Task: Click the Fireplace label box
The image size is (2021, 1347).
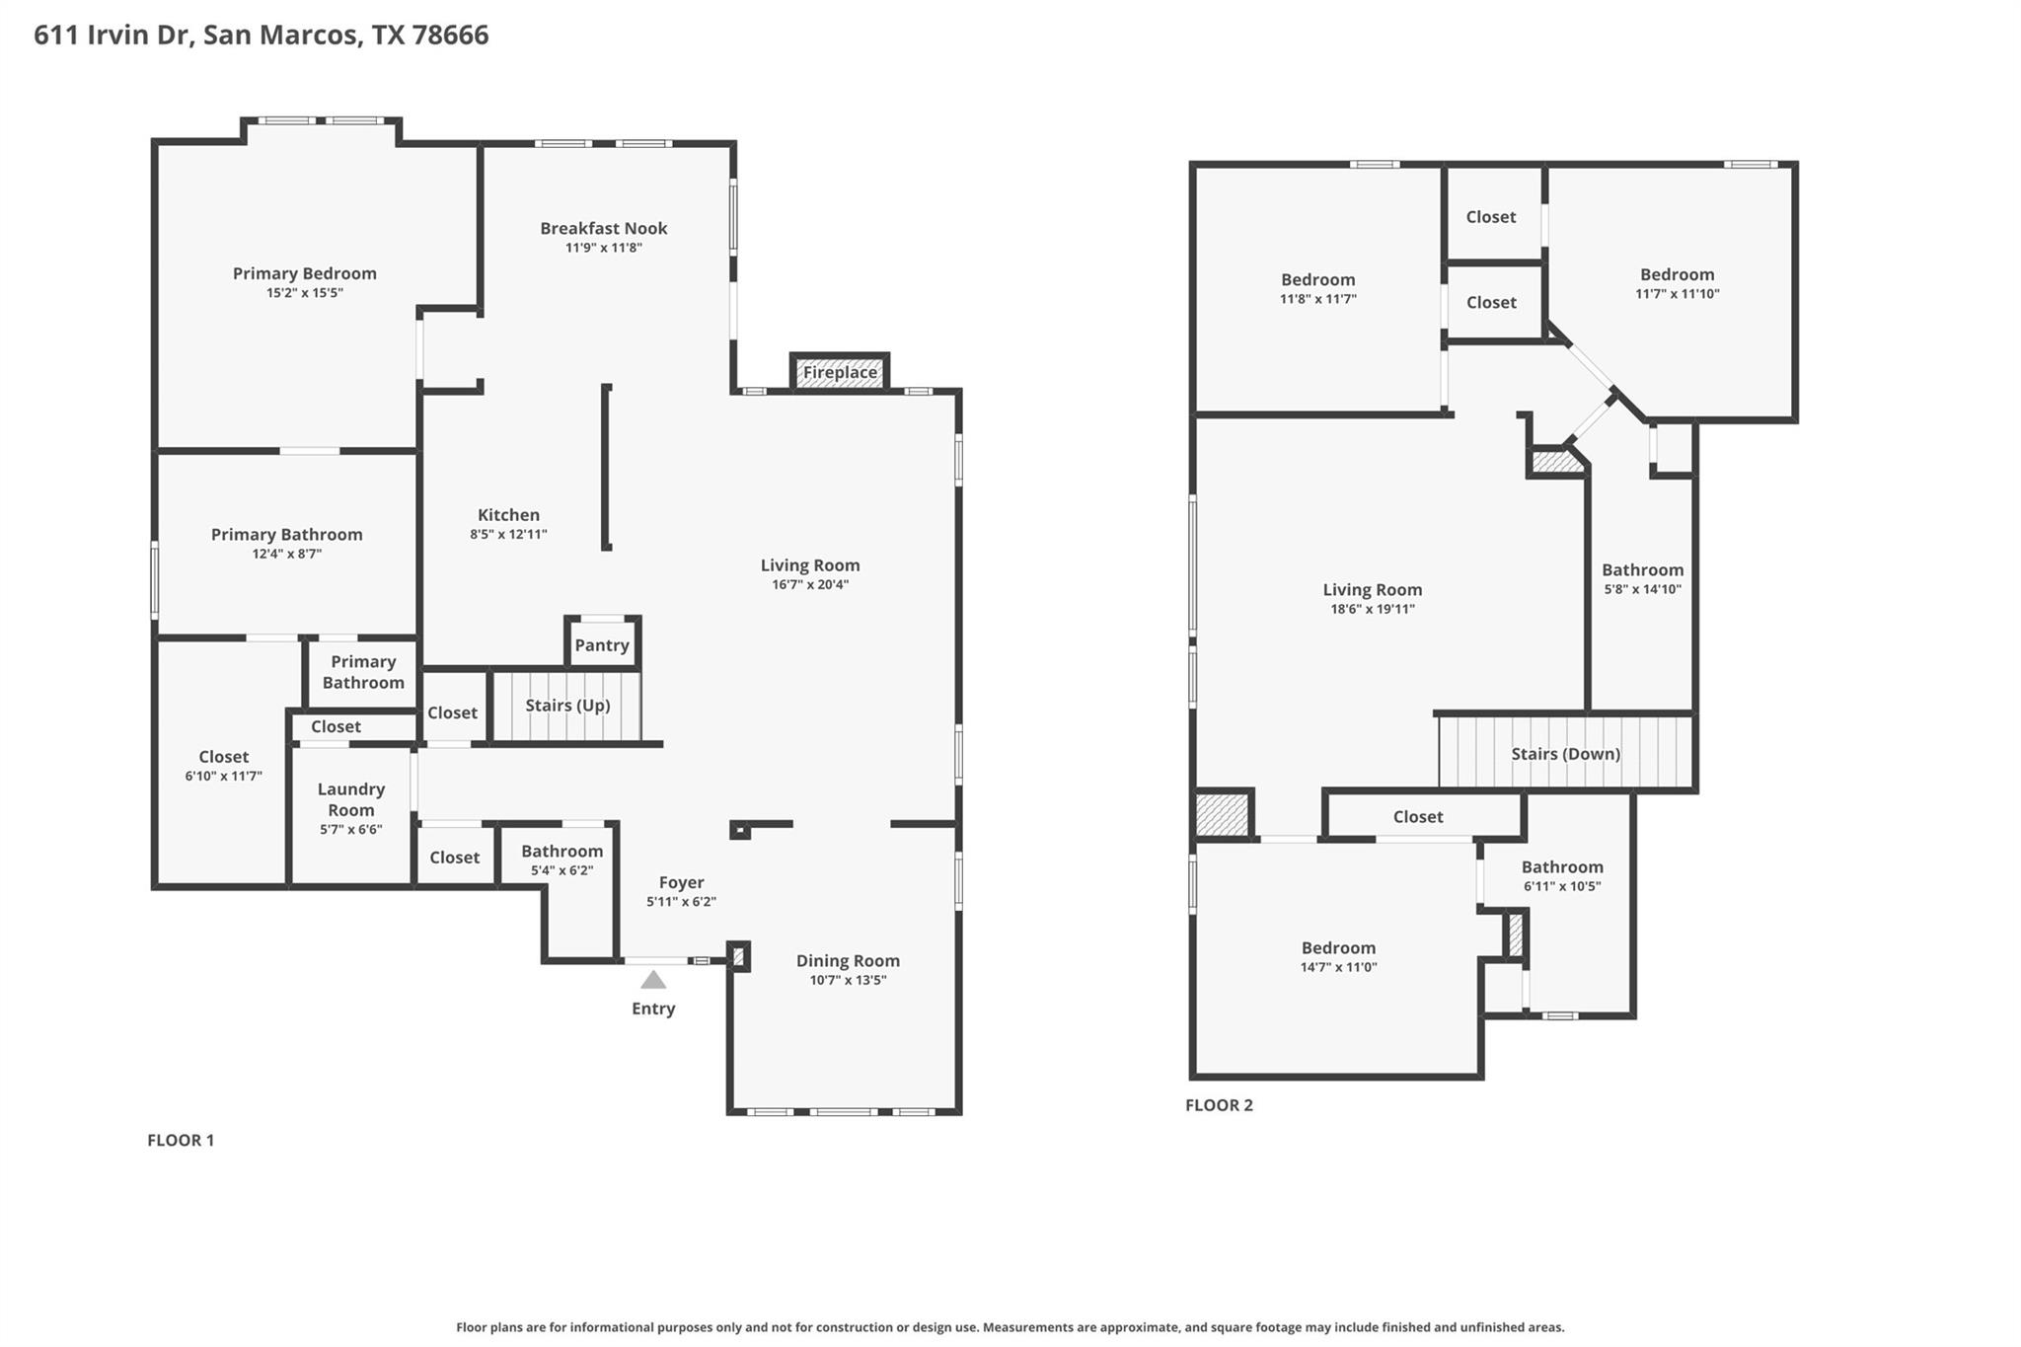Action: (840, 372)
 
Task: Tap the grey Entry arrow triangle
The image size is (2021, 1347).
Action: (653, 980)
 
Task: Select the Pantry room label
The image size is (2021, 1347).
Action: (602, 645)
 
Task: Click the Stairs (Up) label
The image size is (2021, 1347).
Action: (567, 706)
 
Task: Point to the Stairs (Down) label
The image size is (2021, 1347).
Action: (1565, 754)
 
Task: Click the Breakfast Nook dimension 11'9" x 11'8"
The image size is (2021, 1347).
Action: (603, 248)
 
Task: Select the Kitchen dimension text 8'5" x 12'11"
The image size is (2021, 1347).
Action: (508, 535)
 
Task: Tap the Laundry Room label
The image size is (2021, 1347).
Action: (351, 799)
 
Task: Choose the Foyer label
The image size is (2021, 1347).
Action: (681, 882)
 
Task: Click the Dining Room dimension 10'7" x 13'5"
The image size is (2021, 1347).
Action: (848, 980)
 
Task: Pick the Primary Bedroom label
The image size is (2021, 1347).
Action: (304, 273)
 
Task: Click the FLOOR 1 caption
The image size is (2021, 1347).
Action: (181, 1140)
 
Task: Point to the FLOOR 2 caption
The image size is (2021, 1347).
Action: (1219, 1105)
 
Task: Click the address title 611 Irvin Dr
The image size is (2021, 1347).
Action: (261, 35)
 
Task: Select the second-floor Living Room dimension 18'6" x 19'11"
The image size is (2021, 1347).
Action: (1372, 609)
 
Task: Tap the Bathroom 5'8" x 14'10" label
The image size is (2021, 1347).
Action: (1642, 570)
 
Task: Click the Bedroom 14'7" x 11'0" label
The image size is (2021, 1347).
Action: (1338, 948)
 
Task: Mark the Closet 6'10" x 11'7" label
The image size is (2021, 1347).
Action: (223, 757)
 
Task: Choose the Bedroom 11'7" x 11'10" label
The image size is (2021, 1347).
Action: (1677, 275)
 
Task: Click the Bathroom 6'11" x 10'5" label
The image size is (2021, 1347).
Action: (1561, 867)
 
